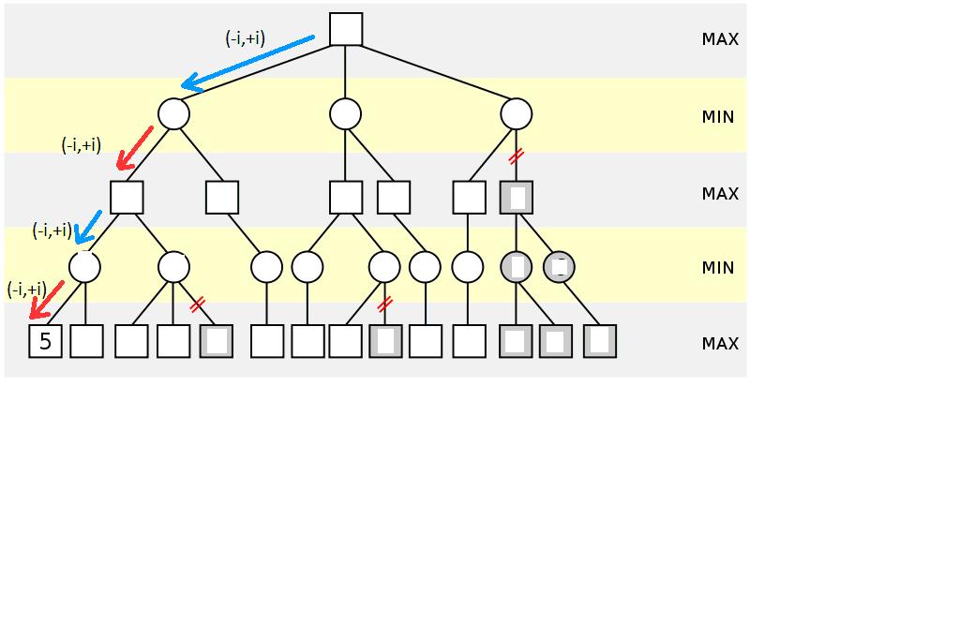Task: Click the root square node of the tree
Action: click(x=346, y=29)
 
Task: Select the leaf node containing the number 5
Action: click(x=45, y=342)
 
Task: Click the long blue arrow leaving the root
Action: click(x=248, y=64)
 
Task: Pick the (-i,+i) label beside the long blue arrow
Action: click(x=245, y=38)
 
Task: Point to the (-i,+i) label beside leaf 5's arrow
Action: click(x=26, y=289)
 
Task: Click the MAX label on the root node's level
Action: click(x=720, y=39)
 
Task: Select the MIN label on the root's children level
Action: click(x=718, y=117)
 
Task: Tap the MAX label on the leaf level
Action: click(x=720, y=344)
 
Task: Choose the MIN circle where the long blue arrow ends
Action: click(x=173, y=113)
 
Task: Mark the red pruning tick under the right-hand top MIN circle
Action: click(x=515, y=156)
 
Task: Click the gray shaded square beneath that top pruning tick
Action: click(x=517, y=198)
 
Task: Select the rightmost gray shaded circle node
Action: click(x=559, y=267)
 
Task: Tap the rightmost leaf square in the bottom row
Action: click(x=600, y=341)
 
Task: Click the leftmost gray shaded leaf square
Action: click(x=217, y=341)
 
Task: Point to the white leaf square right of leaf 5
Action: click(x=86, y=341)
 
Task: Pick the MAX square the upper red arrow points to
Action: click(x=127, y=198)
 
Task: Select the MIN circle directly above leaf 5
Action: click(x=84, y=267)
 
